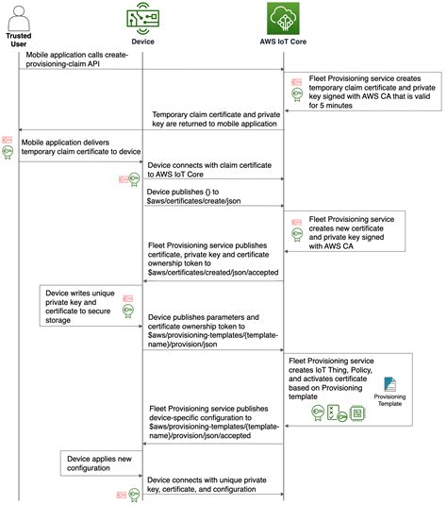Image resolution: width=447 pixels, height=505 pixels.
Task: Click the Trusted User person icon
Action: tap(19, 15)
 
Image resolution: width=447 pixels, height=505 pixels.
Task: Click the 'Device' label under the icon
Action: tap(142, 42)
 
